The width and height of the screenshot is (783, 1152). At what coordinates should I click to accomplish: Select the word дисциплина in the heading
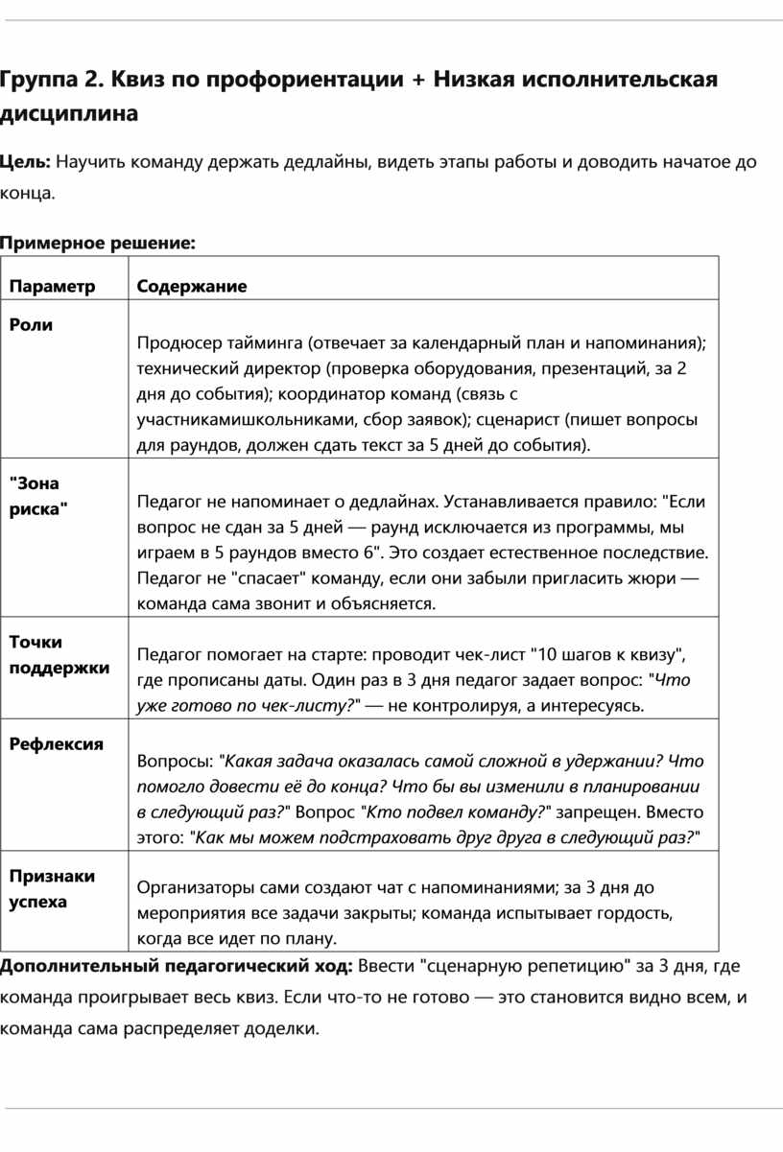68,114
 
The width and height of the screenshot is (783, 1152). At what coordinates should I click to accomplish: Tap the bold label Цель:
25,161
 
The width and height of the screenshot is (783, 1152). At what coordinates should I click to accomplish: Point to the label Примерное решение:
97,244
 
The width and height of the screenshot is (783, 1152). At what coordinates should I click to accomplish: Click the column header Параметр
53,286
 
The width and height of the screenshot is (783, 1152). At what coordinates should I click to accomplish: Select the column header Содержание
191,286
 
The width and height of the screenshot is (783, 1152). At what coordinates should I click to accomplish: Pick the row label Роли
31,324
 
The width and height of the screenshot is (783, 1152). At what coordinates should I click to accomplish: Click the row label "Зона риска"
38,496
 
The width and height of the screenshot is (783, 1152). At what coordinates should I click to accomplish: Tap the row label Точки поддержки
59,654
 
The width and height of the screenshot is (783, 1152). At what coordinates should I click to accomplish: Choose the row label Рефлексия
56,743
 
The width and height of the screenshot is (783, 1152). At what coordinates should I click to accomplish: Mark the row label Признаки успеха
52,888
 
